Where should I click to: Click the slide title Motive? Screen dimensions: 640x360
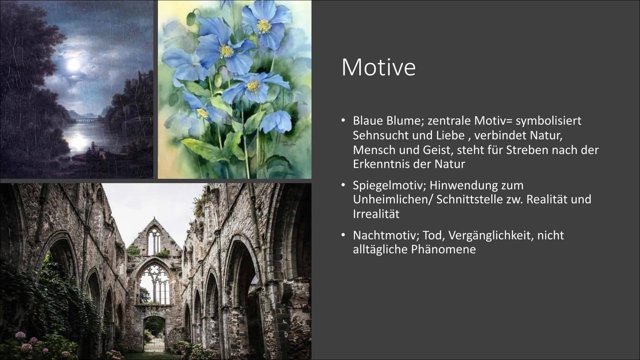(379, 68)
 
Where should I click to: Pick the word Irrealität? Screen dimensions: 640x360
(376, 214)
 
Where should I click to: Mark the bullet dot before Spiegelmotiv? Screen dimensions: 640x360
(343, 185)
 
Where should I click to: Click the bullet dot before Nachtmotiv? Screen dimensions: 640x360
(343, 235)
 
